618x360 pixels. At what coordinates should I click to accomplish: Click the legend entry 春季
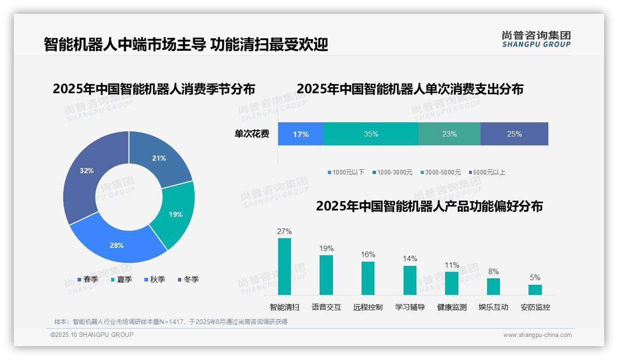pos(88,279)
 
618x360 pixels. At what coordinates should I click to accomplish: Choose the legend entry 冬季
pos(188,279)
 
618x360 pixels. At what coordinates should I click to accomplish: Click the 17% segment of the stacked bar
pos(301,134)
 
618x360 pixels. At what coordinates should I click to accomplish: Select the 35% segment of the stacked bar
pos(371,134)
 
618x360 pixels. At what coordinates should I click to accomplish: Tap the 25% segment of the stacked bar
pos(514,134)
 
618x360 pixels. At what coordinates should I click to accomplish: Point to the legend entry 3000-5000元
pos(440,172)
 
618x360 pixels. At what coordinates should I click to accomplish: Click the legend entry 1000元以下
pos(346,172)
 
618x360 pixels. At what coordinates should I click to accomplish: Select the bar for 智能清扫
pos(285,266)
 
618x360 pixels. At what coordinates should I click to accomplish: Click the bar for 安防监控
pos(535,289)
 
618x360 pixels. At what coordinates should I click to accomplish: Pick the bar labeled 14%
pos(410,280)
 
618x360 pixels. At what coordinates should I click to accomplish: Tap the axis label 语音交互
pos(326,307)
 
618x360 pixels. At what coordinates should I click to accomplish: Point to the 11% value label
pos(452,265)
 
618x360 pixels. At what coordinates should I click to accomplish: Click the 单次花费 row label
pos(252,134)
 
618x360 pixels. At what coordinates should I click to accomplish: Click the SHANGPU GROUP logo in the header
pos(536,39)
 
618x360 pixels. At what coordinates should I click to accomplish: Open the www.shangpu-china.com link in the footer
pos(537,335)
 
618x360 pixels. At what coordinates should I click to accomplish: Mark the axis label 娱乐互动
pos(493,307)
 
